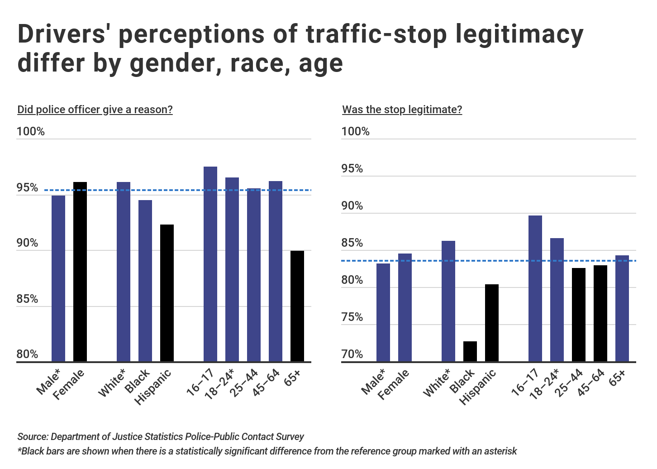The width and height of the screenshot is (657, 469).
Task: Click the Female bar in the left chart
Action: coord(80,272)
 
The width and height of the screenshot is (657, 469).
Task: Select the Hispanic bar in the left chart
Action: coord(167,293)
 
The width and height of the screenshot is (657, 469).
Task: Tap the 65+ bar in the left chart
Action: coord(297,306)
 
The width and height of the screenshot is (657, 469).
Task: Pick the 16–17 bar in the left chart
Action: coord(210,264)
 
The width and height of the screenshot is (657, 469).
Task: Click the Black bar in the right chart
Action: coord(470,351)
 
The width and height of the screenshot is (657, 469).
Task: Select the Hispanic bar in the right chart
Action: coord(492,323)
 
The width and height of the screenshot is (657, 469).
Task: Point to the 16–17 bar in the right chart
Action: coord(535,288)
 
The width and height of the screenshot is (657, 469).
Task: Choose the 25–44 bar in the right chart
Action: coord(579,315)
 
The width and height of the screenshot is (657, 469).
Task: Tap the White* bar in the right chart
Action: coord(448,301)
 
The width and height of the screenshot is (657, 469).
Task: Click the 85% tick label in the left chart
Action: coord(27,299)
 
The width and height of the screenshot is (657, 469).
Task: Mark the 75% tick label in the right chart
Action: coord(352,317)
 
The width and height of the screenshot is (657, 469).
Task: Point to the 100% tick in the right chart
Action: coord(355,132)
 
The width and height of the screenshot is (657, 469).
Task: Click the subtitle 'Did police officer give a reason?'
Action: coord(95,110)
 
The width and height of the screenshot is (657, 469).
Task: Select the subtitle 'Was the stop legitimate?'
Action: coord(402,110)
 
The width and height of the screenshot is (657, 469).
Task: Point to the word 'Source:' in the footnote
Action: coord(33,437)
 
